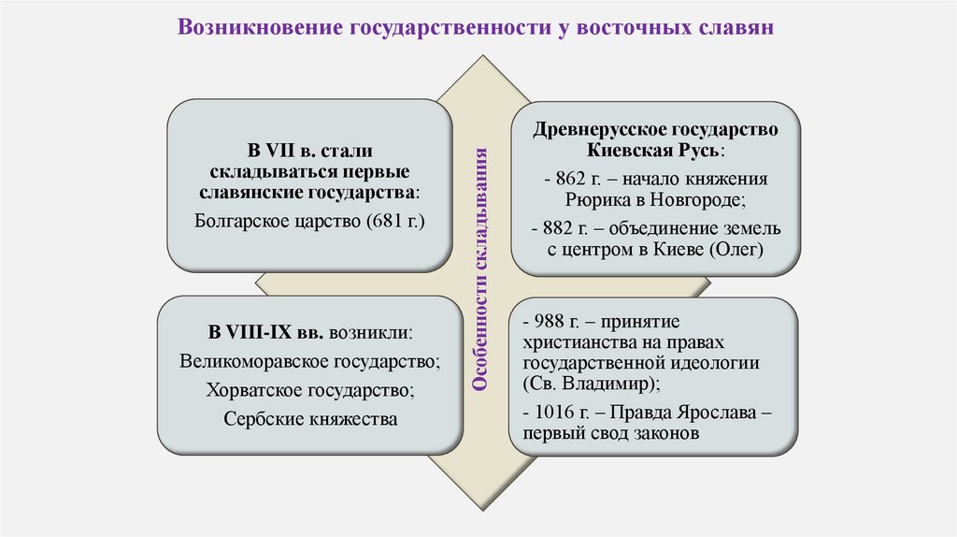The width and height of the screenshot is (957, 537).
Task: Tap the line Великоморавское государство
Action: tap(310, 359)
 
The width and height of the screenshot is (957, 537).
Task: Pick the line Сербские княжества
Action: tap(310, 418)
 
